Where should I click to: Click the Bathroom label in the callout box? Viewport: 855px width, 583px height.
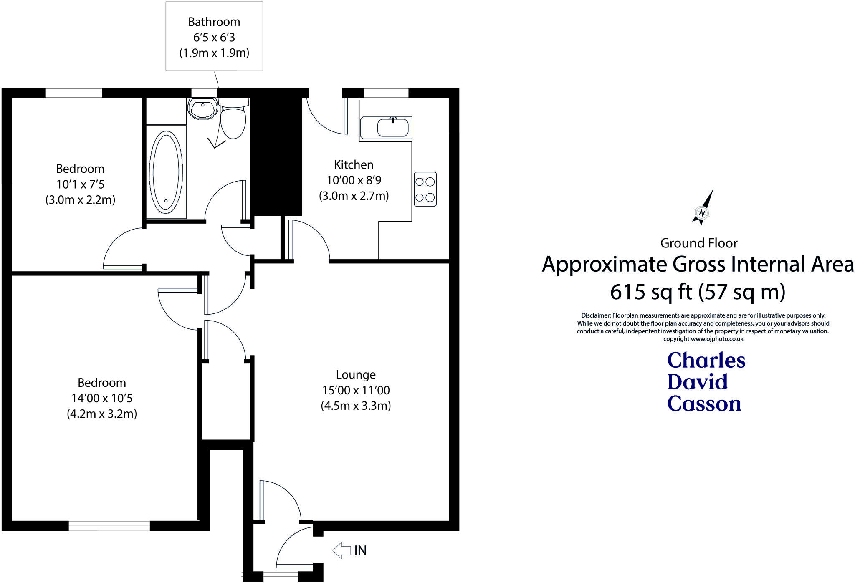point(214,22)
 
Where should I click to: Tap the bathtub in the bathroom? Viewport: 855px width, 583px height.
point(166,171)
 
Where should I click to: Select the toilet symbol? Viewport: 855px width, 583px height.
point(233,121)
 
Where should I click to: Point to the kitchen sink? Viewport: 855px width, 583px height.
point(392,127)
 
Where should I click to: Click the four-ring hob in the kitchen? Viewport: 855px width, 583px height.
point(425,189)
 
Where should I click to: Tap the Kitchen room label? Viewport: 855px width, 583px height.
point(354,165)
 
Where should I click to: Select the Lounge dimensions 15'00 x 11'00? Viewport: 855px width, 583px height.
point(356,390)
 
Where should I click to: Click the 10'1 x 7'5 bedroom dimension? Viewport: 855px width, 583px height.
point(80,184)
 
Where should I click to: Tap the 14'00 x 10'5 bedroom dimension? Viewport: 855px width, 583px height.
point(102,398)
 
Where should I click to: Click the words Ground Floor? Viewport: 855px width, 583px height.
point(699,243)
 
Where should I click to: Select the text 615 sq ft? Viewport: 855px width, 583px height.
point(651,292)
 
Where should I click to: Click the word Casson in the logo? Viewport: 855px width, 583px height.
point(704,404)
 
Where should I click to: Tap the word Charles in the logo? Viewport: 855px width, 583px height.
point(706,360)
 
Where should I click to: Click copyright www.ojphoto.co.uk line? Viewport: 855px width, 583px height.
point(703,339)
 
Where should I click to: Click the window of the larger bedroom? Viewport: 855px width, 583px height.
point(109,527)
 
